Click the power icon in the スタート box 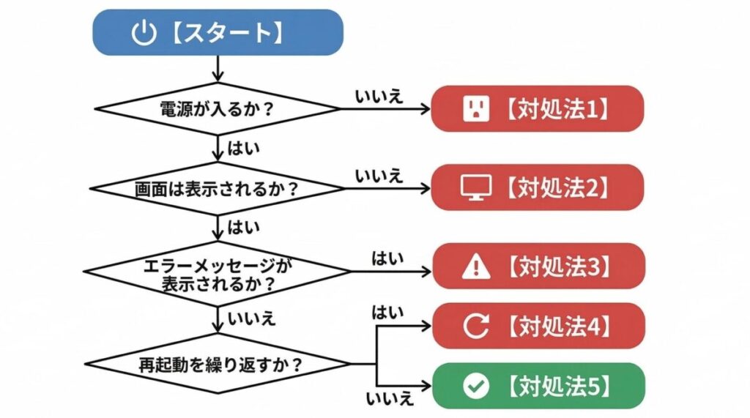[x=144, y=33]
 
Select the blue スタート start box [x=218, y=33]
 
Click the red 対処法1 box [x=538, y=108]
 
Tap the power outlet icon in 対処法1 [x=475, y=109]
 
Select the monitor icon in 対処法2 [x=475, y=188]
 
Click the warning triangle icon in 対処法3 [x=476, y=267]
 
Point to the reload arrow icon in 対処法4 [x=476, y=326]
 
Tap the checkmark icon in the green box [x=476, y=386]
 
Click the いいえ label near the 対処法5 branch [x=389, y=399]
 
